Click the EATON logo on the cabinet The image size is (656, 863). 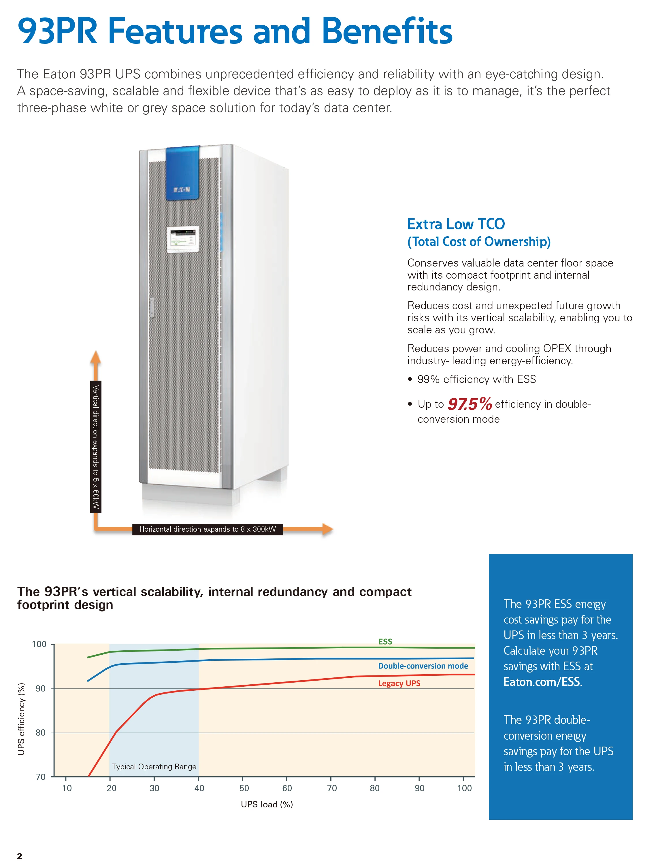182,190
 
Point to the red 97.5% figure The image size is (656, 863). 470,404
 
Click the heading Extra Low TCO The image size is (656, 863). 456,224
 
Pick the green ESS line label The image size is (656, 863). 385,641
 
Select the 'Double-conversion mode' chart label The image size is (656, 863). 423,666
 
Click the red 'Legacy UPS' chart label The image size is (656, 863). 399,683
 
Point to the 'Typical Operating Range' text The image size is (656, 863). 154,766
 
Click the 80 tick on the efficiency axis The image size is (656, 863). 41,733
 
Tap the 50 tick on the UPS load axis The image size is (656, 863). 244,788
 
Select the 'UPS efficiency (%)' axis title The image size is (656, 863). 22,719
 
